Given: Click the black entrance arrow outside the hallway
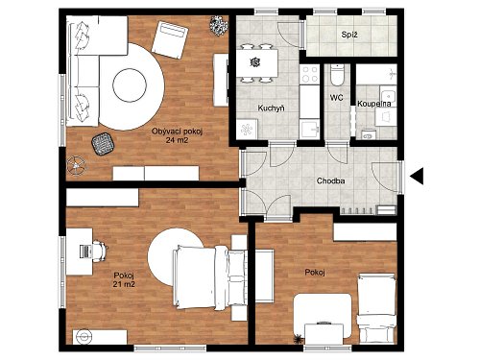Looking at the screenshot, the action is (x=418, y=176).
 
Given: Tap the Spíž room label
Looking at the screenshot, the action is (x=349, y=35).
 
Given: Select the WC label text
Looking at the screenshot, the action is (x=336, y=98).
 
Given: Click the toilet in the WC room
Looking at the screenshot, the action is (x=336, y=75).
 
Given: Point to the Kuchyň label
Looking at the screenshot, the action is (x=271, y=108).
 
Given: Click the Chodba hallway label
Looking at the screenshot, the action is (x=330, y=180).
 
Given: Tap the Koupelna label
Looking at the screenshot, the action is (x=374, y=104).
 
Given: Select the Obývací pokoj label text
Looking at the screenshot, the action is (x=177, y=132).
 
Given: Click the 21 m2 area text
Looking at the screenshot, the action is (x=124, y=284).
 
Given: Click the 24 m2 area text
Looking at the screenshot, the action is (x=177, y=140).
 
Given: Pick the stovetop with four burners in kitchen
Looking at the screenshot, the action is (x=310, y=74).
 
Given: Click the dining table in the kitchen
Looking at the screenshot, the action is (x=257, y=62).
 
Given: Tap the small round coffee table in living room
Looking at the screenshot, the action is (x=130, y=85).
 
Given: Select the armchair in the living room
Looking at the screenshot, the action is (x=170, y=39).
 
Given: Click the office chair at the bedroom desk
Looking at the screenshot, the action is (x=100, y=252).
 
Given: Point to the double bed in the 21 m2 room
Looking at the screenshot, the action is (x=209, y=277).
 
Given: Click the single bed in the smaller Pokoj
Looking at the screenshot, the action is (x=376, y=308).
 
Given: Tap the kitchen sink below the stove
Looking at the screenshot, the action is (x=310, y=130).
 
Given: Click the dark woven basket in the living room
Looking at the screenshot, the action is (x=103, y=144).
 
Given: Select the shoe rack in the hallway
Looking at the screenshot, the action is (x=356, y=210).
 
